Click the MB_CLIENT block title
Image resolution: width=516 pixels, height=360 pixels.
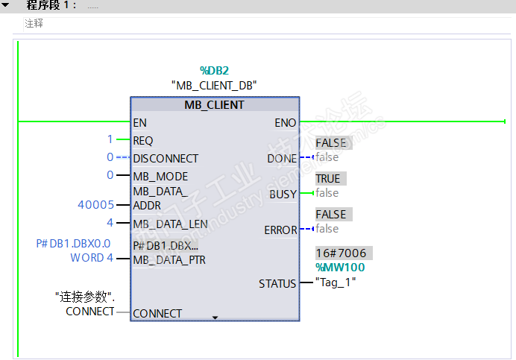coord(214,105)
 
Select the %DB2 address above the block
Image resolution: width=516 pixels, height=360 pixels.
coord(214,70)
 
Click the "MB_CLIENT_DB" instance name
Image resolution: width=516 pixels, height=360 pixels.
coord(214,86)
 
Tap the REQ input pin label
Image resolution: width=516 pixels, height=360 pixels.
coord(143,141)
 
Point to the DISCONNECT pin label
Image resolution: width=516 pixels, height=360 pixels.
coord(166,159)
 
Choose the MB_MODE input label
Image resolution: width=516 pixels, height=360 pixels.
coord(160,177)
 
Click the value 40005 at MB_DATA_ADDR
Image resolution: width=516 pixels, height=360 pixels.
coord(95,205)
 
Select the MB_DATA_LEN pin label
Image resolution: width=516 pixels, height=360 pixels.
coord(170,224)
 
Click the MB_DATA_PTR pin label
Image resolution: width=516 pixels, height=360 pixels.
coord(169,260)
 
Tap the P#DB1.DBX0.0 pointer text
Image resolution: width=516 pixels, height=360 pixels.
coord(73,244)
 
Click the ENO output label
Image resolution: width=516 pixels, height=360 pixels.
coord(286,123)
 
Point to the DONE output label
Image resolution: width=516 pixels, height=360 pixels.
coord(282,159)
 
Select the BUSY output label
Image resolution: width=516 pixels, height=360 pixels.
coord(283,194)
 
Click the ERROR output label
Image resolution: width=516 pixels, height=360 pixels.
coord(280,230)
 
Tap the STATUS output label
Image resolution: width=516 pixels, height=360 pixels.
coord(277,284)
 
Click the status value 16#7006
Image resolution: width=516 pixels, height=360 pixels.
coord(341,253)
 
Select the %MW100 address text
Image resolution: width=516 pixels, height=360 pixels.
coord(340,267)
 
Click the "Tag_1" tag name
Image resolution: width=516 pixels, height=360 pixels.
coord(336,282)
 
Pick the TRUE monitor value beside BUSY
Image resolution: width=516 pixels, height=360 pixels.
coord(328,179)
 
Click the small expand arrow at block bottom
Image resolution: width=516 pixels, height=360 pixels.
coord(215,318)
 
